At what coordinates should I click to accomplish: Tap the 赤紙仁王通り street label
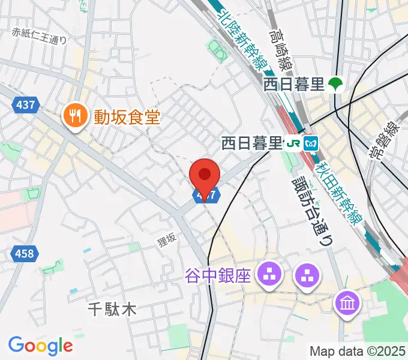(x=39, y=34)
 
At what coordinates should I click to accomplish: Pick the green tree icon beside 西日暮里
(x=335, y=85)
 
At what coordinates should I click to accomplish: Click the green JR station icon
(x=293, y=144)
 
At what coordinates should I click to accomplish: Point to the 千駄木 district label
(x=112, y=310)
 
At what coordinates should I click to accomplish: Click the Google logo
(x=40, y=346)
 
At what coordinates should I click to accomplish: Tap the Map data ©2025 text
(x=358, y=350)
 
